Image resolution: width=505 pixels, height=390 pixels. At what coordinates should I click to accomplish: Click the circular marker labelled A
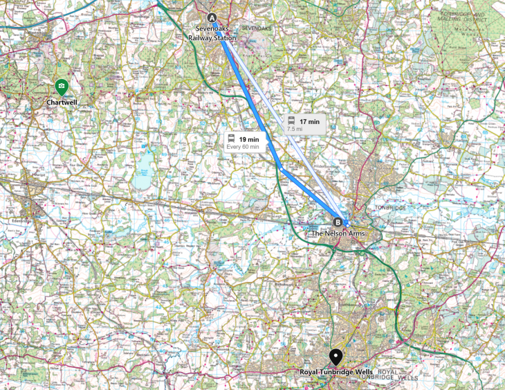coord(212,18)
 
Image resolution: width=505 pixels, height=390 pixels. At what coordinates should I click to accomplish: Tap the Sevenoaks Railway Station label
coord(220,34)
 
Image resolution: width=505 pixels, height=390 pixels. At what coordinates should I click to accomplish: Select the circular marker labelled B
coord(338,222)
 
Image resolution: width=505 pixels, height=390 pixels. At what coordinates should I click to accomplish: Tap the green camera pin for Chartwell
coord(62,87)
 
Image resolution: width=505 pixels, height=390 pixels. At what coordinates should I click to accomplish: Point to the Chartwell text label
coord(62,103)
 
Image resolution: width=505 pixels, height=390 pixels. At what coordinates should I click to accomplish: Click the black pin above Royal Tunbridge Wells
coord(336,356)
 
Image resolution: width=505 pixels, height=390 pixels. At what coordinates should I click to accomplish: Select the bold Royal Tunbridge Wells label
coord(336,372)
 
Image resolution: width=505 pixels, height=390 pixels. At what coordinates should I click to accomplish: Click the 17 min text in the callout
coord(309,122)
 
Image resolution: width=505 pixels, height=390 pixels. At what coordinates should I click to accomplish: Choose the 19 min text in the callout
coord(248,139)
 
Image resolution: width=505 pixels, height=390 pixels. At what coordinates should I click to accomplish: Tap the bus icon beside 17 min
coord(292,122)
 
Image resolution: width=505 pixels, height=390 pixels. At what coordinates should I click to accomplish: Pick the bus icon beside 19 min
coord(231,139)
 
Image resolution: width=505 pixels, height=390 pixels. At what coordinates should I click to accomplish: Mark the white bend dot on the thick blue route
coord(279,167)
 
